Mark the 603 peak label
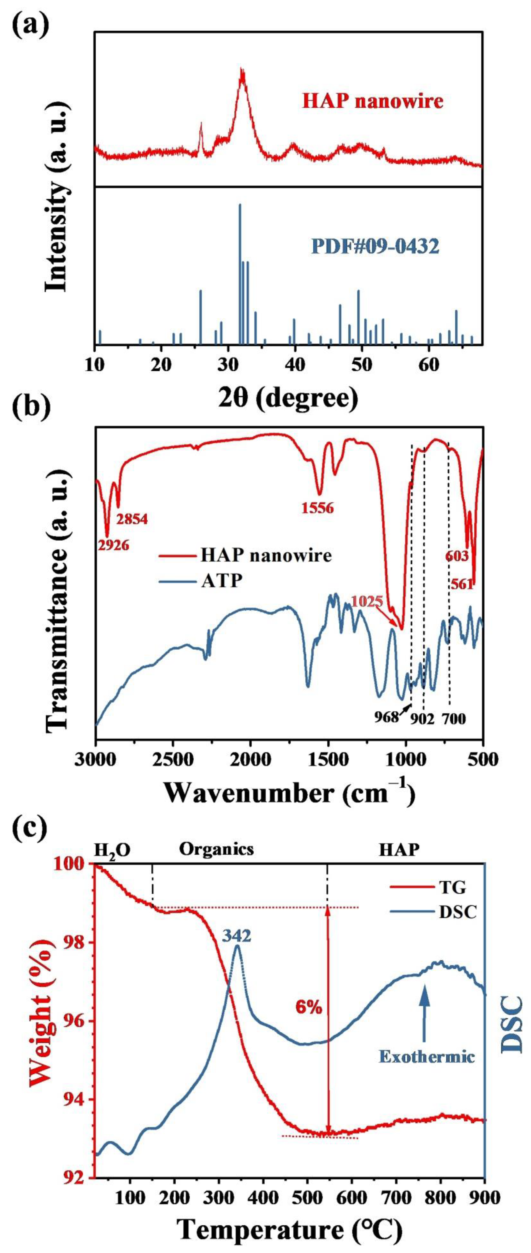[457, 555]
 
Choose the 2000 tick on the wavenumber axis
[250, 759]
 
